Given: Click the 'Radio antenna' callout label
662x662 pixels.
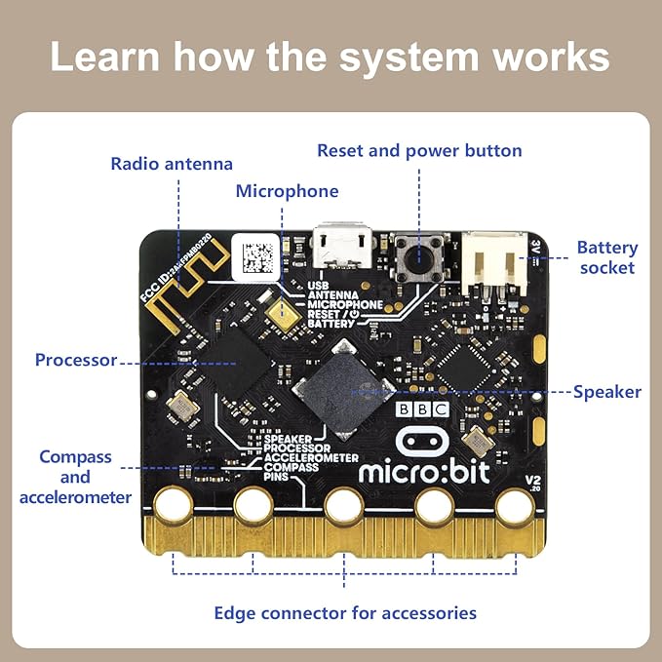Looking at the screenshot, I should (x=172, y=164).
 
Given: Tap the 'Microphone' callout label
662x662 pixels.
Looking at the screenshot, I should (x=287, y=191).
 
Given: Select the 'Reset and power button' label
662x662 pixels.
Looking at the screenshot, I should (x=419, y=151).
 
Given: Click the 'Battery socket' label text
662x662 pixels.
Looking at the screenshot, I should (x=606, y=257).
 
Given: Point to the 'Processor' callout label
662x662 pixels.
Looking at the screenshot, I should (x=76, y=360).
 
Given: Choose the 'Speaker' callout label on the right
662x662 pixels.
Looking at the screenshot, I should (x=606, y=392).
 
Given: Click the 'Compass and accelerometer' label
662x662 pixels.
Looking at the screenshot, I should (x=75, y=477).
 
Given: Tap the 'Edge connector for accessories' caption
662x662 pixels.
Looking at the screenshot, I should (x=345, y=612).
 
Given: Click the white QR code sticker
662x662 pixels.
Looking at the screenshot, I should (x=258, y=255).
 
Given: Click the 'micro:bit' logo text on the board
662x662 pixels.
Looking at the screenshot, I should (x=424, y=472).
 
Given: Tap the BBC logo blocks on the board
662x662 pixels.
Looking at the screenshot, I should (x=424, y=409).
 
